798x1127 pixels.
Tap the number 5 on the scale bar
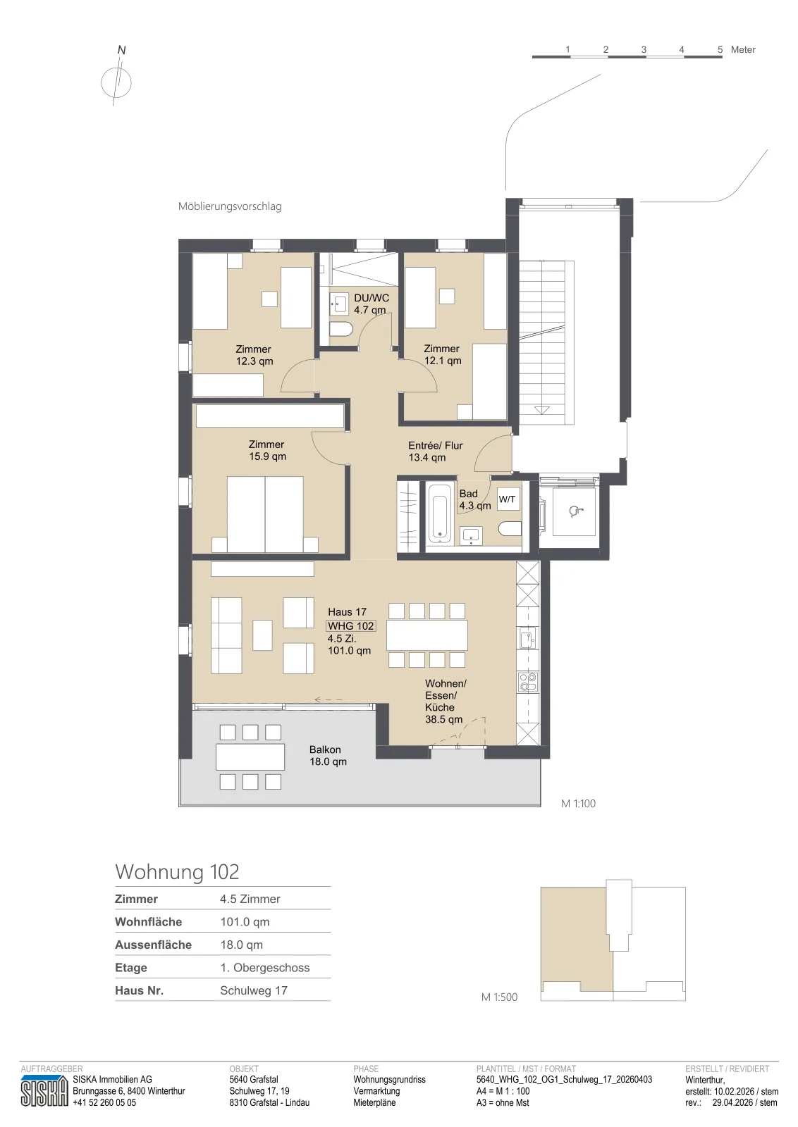[x=720, y=49]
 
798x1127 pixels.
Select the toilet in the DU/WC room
[x=342, y=330]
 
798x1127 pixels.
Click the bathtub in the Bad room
[x=439, y=513]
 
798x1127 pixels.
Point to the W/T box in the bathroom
[x=508, y=499]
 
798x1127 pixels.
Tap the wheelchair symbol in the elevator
[x=574, y=511]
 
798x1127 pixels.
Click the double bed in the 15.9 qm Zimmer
[x=265, y=514]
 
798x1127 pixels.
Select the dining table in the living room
[x=427, y=635]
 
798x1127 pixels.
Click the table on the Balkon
[x=250, y=756]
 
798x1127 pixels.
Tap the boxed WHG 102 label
[x=351, y=626]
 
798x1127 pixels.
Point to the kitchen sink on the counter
[x=528, y=638]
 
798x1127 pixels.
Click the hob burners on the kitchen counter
[x=528, y=683]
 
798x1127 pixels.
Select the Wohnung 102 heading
[x=177, y=872]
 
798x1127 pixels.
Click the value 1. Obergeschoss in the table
[x=265, y=968]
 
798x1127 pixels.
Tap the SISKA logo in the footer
[x=44, y=1091]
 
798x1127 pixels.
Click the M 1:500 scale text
[x=499, y=997]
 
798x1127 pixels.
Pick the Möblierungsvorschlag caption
[x=230, y=206]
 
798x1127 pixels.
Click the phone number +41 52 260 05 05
[x=104, y=1102]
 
